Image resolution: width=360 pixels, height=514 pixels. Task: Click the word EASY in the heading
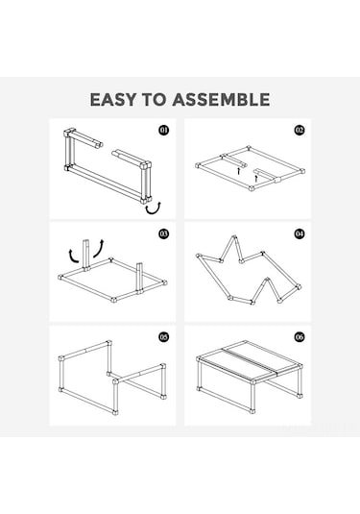click(112, 99)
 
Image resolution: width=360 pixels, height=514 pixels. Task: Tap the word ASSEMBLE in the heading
click(222, 99)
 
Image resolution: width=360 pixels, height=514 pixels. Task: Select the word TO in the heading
click(154, 99)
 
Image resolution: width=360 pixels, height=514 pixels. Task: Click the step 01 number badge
click(164, 131)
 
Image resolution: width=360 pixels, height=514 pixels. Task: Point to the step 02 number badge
click(300, 131)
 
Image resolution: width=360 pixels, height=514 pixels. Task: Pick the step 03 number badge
click(164, 233)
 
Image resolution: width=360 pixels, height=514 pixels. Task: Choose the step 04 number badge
click(300, 233)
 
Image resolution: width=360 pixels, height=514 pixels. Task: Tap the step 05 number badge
click(164, 336)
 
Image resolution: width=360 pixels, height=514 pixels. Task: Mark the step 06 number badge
click(300, 336)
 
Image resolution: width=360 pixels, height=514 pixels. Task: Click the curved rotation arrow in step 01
click(154, 212)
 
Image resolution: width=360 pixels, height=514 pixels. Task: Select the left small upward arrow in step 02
click(239, 171)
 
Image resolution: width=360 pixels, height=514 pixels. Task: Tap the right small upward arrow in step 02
click(256, 179)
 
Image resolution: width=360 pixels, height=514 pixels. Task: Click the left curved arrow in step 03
click(72, 257)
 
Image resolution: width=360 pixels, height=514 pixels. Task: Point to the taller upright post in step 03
click(86, 256)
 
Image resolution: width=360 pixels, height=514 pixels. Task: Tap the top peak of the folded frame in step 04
click(233, 237)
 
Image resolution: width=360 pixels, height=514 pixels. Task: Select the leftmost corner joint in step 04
click(198, 256)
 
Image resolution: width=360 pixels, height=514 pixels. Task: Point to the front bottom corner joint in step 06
click(252, 410)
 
